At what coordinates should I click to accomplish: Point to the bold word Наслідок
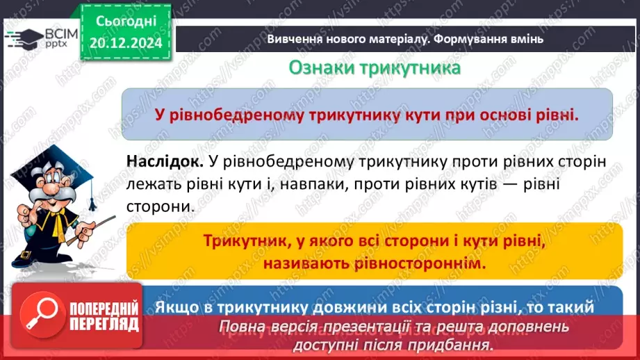(x=165, y=161)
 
